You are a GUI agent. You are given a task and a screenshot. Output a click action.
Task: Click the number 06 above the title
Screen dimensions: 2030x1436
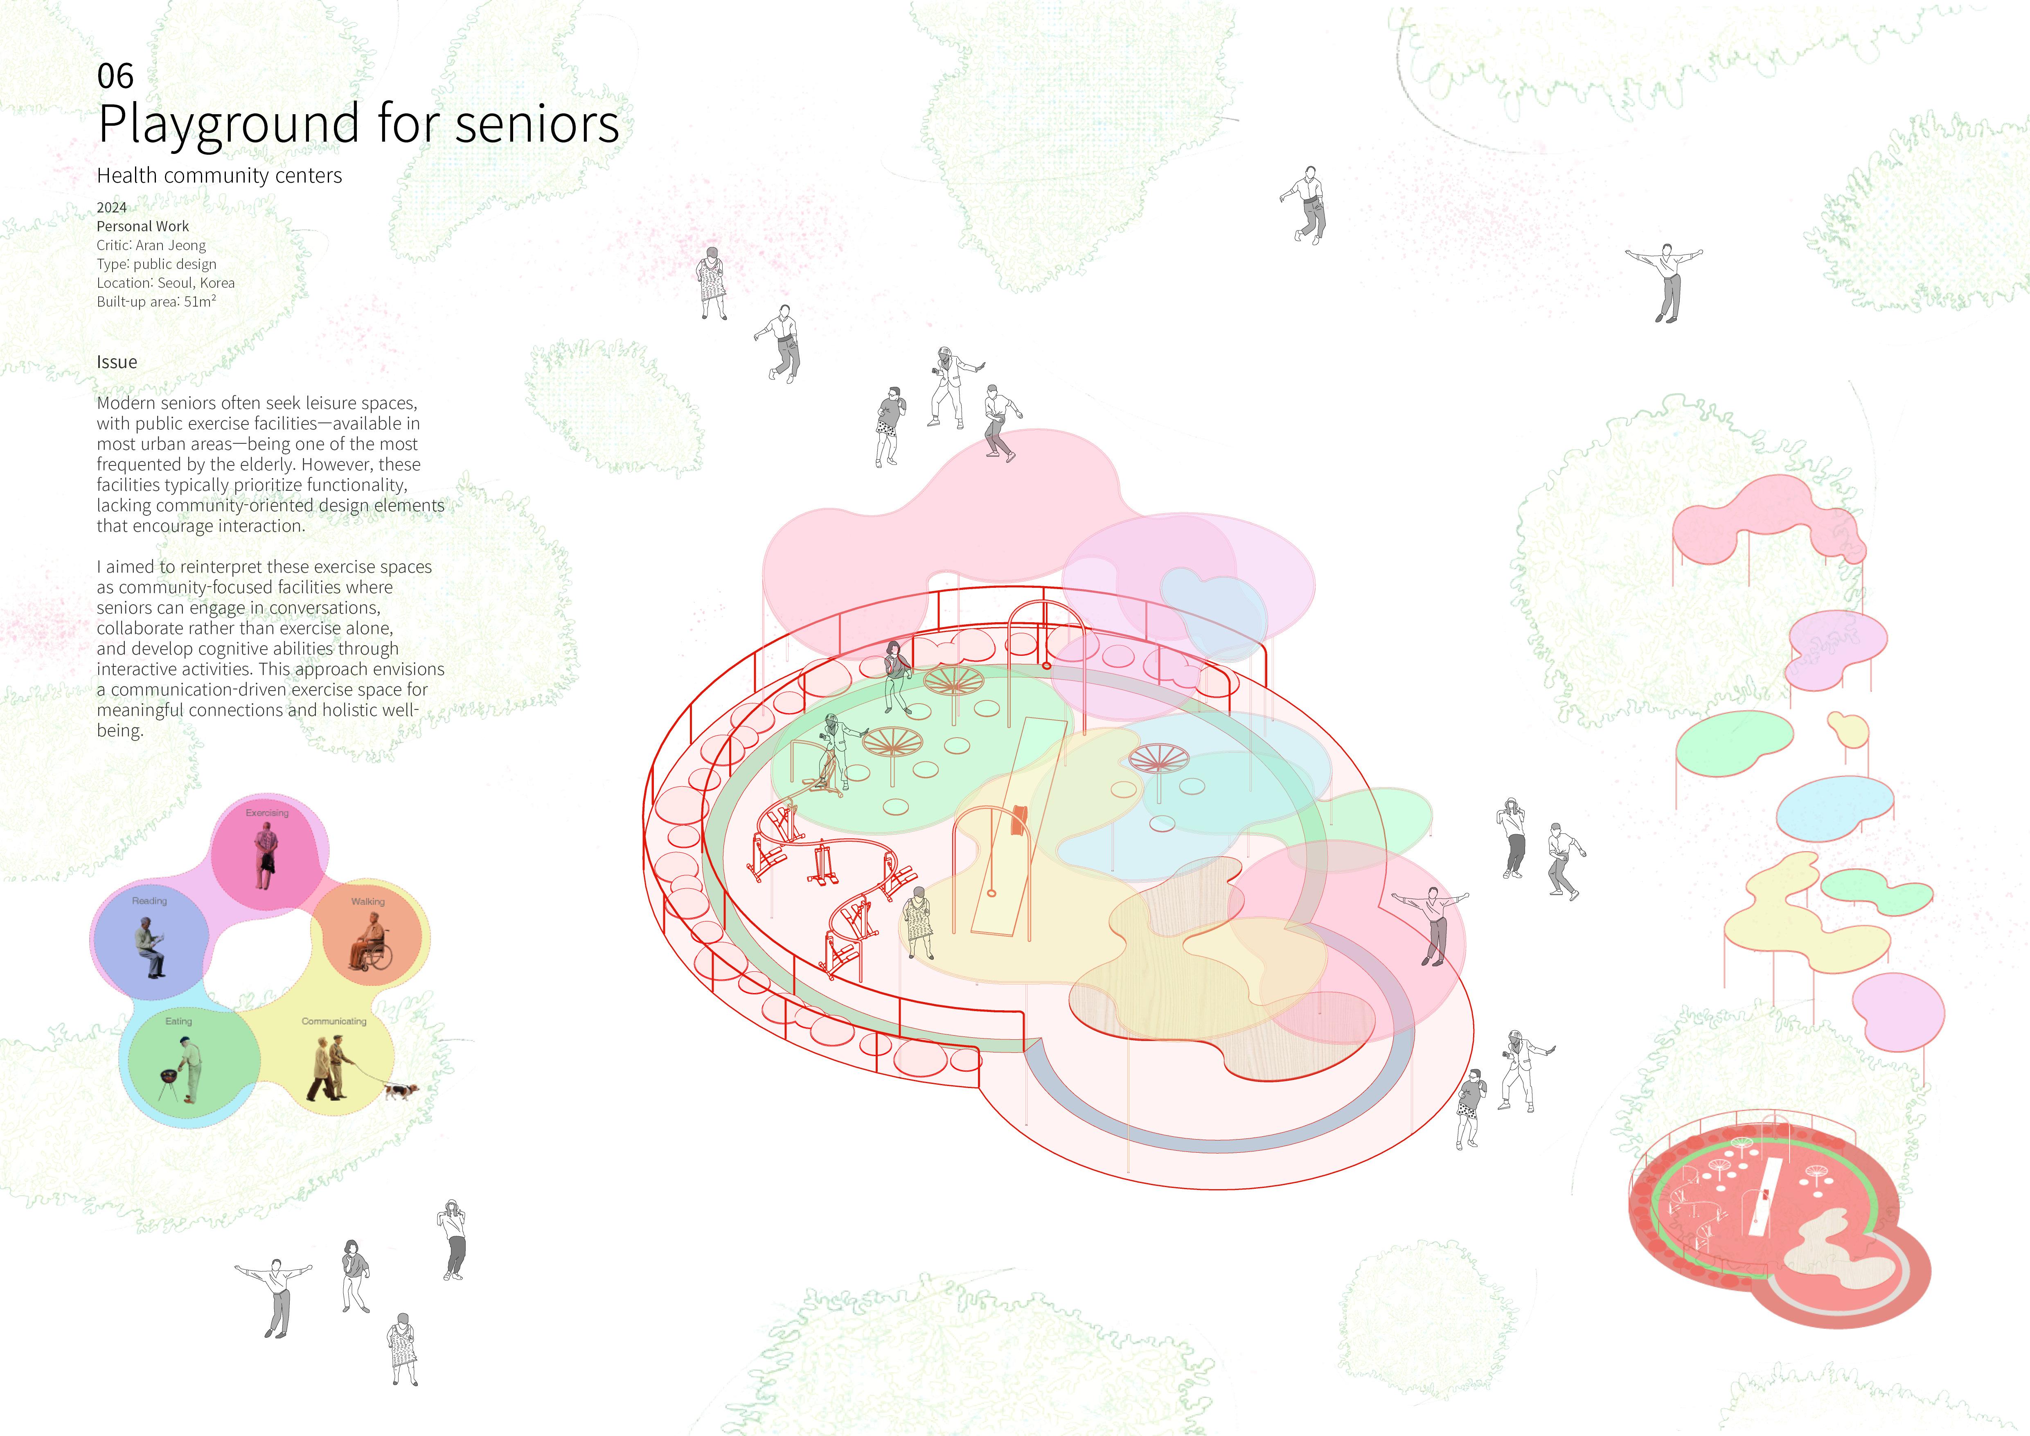115,77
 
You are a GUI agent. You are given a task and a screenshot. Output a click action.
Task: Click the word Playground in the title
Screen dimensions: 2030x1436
230,124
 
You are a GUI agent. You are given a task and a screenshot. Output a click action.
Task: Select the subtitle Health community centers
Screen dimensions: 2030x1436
219,176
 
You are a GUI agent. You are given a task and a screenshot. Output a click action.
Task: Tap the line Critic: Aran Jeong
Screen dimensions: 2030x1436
151,245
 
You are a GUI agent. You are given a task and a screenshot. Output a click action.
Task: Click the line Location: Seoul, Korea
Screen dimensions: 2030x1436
165,283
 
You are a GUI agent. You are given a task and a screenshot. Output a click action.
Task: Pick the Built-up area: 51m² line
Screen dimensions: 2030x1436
156,302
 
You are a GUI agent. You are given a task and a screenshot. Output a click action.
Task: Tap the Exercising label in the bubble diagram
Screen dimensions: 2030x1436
267,813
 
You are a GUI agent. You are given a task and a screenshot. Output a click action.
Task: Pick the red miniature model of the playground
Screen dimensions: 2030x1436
1777,1229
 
